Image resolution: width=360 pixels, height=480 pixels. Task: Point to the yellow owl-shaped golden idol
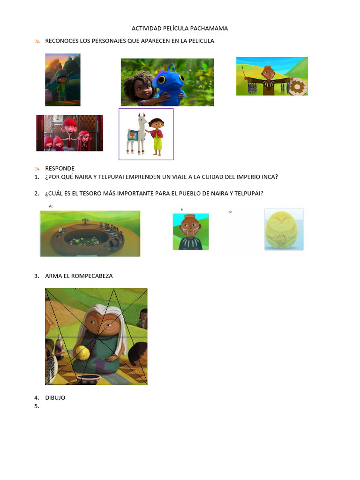284,229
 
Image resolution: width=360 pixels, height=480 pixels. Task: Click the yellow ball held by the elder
83,352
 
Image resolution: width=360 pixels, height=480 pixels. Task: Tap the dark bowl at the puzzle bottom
89,379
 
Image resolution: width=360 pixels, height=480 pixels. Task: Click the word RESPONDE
60,168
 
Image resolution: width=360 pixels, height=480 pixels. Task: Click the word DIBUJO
55,397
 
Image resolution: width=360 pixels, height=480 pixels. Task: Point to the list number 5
37,406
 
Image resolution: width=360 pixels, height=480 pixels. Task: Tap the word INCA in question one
270,177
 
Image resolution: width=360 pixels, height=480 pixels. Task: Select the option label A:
51,206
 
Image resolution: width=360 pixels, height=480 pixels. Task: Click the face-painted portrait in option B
191,232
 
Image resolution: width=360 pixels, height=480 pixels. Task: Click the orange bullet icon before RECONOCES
37,41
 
